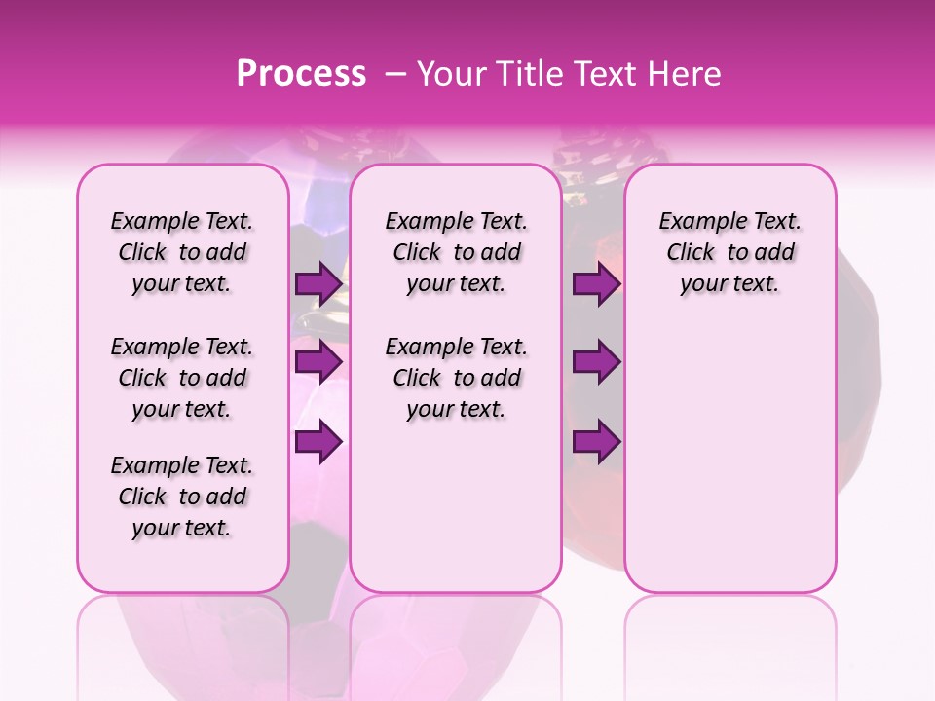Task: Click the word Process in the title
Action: (301, 74)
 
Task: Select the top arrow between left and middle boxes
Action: (318, 284)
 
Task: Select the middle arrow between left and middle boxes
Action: (318, 362)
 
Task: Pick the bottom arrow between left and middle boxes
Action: (318, 442)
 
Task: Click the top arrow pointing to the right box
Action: (596, 284)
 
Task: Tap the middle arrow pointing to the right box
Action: (596, 362)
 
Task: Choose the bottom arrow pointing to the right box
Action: (596, 442)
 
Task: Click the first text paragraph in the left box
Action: (182, 252)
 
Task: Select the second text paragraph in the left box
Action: (182, 378)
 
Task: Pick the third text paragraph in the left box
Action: (182, 497)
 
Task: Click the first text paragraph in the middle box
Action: (457, 252)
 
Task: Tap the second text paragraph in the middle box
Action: (457, 378)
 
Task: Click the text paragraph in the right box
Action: (730, 252)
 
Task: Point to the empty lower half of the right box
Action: (730, 467)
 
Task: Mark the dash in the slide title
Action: (395, 74)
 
